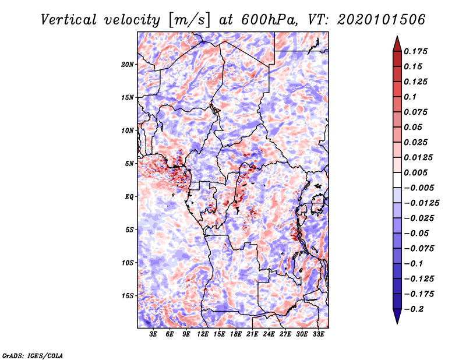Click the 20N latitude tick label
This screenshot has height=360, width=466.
pos(128,65)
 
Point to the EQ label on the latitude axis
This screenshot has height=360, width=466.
pos(129,197)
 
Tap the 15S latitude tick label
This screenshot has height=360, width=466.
pos(128,296)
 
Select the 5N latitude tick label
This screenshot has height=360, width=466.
pos(129,164)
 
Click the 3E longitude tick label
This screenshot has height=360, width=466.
pos(153,334)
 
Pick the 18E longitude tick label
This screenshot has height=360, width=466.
pos(236,334)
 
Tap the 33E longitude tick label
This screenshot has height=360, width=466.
pos(318,334)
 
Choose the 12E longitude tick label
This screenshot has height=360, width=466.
pos(203,334)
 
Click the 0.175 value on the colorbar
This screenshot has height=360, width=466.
pos(415,51)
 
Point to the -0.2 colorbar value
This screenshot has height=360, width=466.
pos(414,309)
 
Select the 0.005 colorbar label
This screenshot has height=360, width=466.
pos(415,172)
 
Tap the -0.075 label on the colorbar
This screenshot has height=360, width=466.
pos(419,249)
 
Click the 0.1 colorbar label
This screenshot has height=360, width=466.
pos(410,97)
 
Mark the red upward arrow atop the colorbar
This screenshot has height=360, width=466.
pos(397,44)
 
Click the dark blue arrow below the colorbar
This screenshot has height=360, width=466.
pos(397,316)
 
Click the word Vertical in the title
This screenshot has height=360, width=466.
pos(69,20)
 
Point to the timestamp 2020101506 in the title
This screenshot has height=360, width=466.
pos(382,20)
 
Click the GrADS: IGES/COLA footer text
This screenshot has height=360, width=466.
pos(33,355)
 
